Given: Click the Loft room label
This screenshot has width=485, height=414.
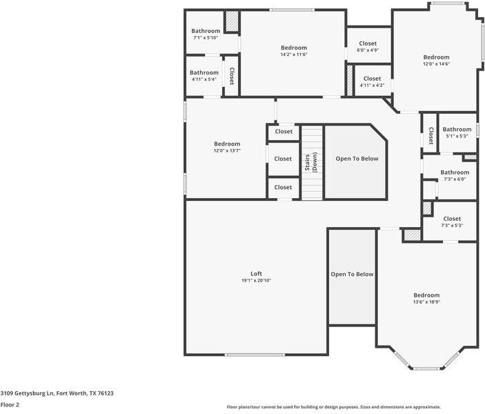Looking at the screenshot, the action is pyautogui.click(x=256, y=273).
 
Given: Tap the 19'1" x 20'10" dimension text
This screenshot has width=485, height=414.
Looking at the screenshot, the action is pyautogui.click(x=256, y=281).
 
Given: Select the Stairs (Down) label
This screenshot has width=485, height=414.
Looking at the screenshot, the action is pyautogui.click(x=311, y=161).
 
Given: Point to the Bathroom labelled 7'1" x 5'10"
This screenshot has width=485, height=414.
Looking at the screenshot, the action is pyautogui.click(x=206, y=31).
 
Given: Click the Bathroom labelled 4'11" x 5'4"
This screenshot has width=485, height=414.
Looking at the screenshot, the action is pyautogui.click(x=204, y=72).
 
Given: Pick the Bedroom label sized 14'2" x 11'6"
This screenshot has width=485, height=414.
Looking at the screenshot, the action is pyautogui.click(x=294, y=48).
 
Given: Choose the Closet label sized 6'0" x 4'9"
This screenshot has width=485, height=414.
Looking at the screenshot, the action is pyautogui.click(x=368, y=43).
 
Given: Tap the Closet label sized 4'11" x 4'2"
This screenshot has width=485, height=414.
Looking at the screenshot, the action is pyautogui.click(x=372, y=79).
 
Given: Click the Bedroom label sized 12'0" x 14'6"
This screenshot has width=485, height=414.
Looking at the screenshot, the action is pyautogui.click(x=436, y=57).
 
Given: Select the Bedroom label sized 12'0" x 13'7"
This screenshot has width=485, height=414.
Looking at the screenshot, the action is pyautogui.click(x=227, y=144).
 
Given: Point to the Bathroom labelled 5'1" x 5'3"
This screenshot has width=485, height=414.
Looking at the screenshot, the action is pyautogui.click(x=457, y=129).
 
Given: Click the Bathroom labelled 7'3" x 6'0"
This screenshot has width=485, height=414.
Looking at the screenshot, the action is pyautogui.click(x=455, y=172).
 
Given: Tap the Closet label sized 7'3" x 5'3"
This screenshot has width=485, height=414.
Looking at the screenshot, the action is pyautogui.click(x=452, y=219).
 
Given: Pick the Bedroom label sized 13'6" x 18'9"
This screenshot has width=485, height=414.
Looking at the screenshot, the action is pyautogui.click(x=426, y=295).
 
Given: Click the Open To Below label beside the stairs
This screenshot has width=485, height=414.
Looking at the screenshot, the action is pyautogui.click(x=357, y=159).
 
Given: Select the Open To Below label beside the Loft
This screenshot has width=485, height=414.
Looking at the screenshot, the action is pyautogui.click(x=352, y=274).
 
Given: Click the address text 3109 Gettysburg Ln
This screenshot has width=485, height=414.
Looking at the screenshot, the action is pyautogui.click(x=27, y=393).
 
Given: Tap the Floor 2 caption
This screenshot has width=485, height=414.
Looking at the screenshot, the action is pyautogui.click(x=10, y=405).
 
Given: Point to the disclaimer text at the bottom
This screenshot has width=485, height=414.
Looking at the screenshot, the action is pyautogui.click(x=334, y=407).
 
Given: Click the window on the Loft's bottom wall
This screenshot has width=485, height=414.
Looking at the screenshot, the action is pyautogui.click(x=255, y=355).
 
